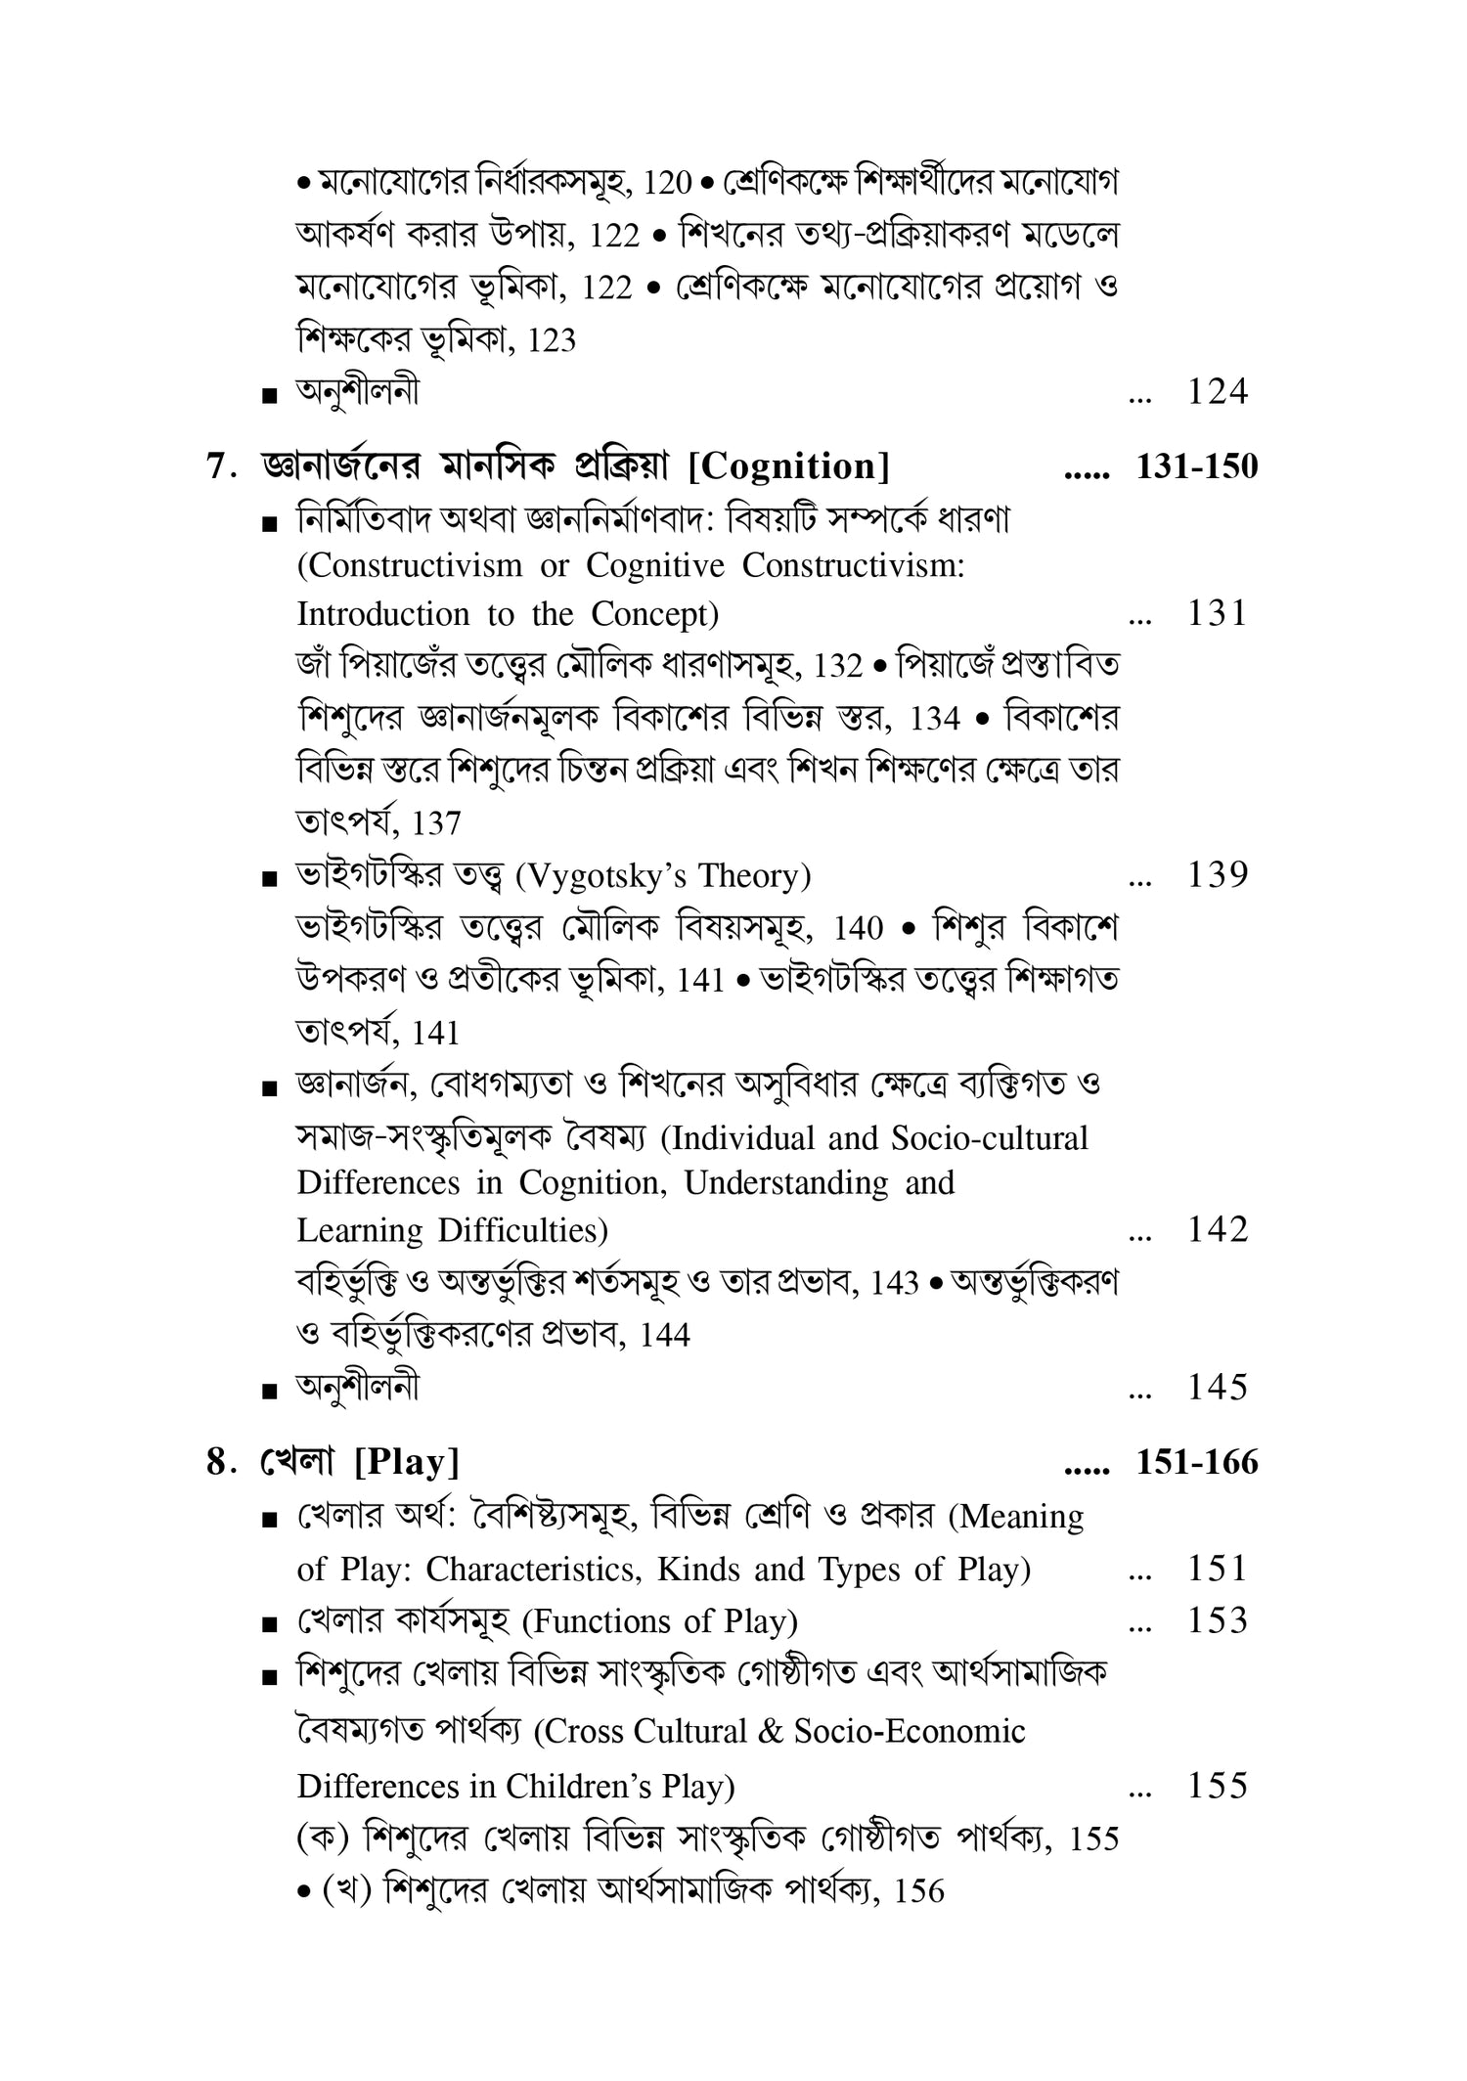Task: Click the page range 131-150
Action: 1196,467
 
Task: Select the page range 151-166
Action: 1196,1463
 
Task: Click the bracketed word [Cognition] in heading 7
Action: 789,467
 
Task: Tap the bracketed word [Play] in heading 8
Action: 407,1463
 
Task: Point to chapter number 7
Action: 218,467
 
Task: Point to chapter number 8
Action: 218,1463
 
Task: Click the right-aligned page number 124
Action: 1217,392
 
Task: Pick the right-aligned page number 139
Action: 1217,875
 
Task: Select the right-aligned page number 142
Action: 1217,1229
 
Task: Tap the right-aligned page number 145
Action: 1217,1387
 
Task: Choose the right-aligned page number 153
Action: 1217,1621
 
